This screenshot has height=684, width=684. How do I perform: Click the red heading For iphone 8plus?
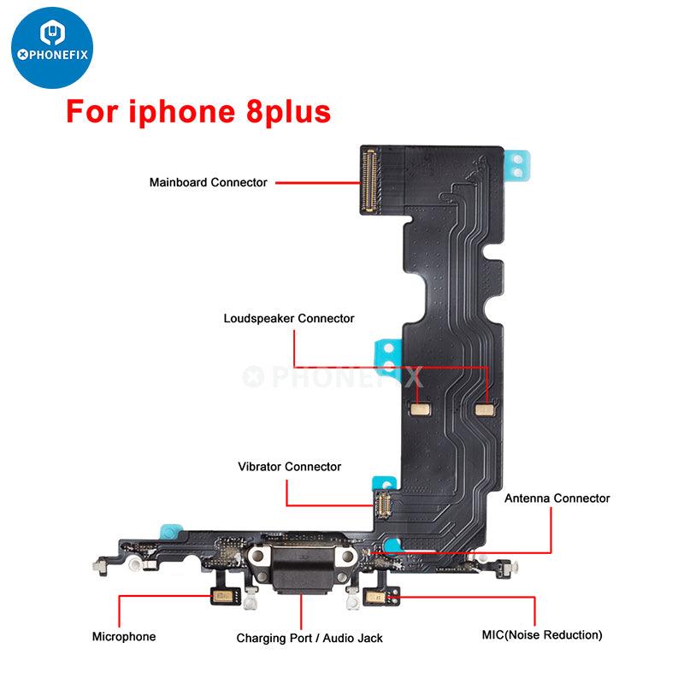198,112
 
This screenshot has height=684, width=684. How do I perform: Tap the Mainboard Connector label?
208,182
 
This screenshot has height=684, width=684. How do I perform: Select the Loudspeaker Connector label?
289,318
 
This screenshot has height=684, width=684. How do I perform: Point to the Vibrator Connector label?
289,467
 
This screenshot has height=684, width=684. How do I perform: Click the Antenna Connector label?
557,498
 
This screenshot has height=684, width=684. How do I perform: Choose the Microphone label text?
124,636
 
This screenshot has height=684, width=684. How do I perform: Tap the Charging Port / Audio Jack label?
310,638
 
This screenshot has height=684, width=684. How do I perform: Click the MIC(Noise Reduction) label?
541,634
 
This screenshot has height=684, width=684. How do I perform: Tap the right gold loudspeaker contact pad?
486,410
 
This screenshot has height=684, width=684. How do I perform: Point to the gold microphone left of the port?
222,596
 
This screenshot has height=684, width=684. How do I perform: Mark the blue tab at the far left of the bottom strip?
169,530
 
